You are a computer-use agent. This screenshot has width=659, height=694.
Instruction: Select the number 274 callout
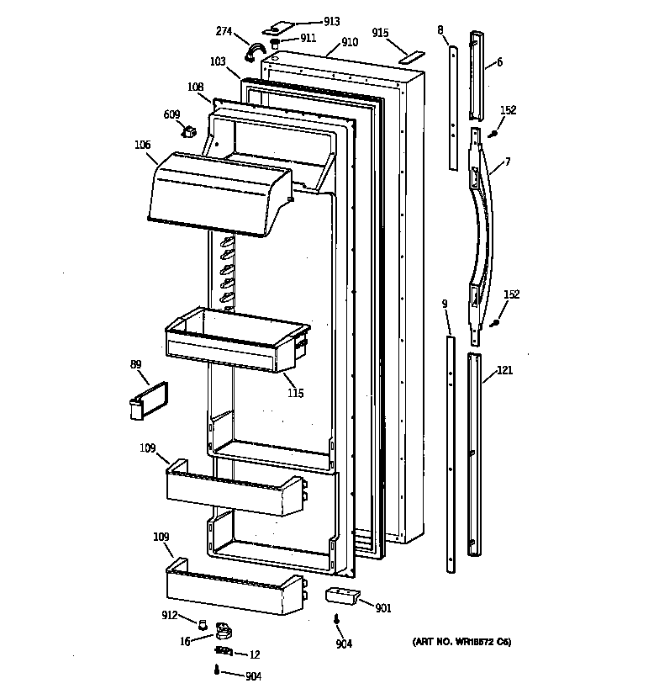click(x=224, y=31)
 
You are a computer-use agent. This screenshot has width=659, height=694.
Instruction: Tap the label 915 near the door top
click(x=380, y=33)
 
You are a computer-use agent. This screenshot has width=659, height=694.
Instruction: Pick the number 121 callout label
click(x=504, y=370)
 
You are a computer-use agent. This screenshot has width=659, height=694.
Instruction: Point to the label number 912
click(x=170, y=616)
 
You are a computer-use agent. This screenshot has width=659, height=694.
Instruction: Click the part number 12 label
click(x=255, y=654)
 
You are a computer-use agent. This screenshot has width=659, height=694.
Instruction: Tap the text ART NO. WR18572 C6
click(x=461, y=643)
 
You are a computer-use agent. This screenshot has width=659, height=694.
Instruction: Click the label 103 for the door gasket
click(x=218, y=61)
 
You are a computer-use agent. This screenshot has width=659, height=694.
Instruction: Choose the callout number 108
click(x=195, y=86)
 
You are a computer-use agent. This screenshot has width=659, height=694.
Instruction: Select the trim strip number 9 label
click(x=444, y=304)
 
